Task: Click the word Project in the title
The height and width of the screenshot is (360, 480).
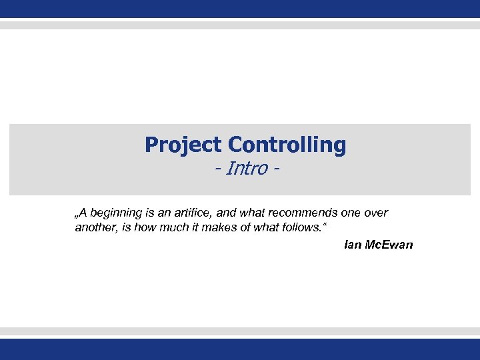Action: [x=183, y=145]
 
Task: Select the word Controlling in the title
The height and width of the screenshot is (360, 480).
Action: [x=287, y=145]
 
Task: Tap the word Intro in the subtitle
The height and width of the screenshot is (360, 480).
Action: [x=246, y=169]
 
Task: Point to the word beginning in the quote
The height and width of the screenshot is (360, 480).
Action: [x=117, y=213]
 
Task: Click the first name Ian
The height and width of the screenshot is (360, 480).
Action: [x=353, y=245]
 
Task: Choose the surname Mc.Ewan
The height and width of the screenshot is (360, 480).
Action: [x=389, y=245]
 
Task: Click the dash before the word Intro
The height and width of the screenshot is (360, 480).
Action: [x=218, y=169]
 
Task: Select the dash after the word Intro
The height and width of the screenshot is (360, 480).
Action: [x=275, y=169]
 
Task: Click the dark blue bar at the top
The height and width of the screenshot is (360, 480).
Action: [x=240, y=9]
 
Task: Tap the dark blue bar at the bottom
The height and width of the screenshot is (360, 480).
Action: [x=240, y=349]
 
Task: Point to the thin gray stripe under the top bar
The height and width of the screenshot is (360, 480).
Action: [x=240, y=25]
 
